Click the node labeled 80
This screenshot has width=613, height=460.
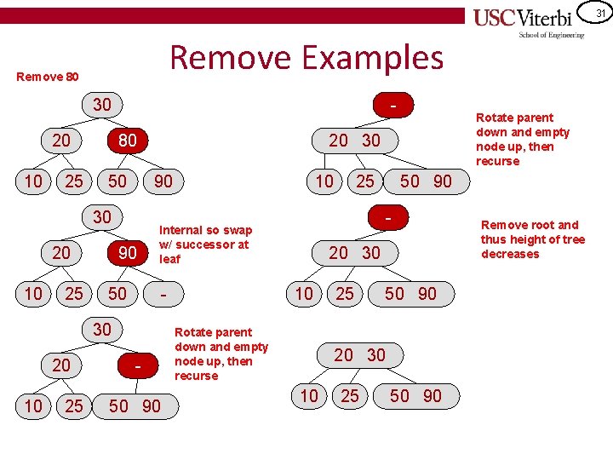coord(126,140)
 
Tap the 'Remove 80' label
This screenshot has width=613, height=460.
coord(48,77)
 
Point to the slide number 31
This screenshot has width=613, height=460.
coord(600,12)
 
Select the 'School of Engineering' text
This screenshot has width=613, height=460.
coord(552,35)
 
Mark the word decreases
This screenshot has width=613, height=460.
coord(510,254)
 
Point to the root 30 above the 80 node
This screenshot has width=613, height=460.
coord(101,105)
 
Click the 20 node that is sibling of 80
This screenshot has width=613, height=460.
coord(61,140)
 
